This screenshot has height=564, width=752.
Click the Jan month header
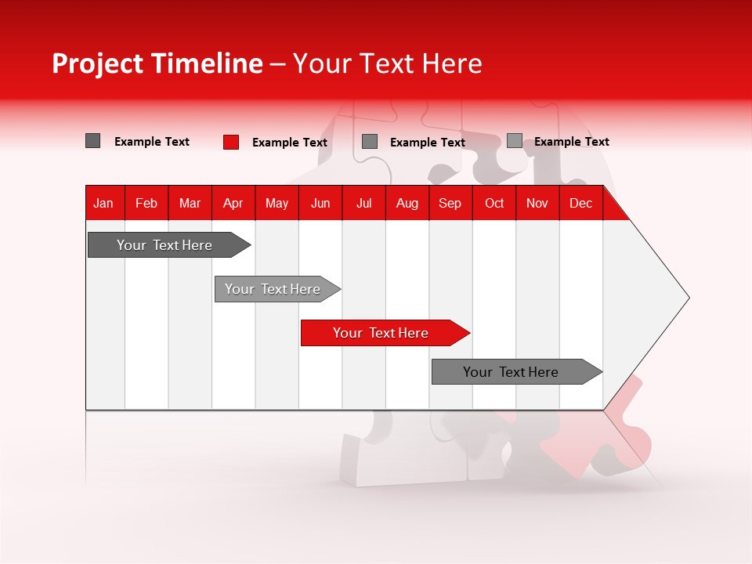tap(103, 204)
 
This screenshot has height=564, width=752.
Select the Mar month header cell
tap(190, 204)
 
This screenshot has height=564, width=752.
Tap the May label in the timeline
tap(277, 204)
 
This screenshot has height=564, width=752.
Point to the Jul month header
tap(363, 204)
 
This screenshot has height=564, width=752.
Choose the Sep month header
tap(450, 204)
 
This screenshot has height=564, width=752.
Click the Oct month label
tap(493, 204)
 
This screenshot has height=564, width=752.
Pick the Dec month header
tap(580, 204)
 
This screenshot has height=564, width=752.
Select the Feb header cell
tap(146, 204)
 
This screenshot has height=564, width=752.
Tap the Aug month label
tap(407, 204)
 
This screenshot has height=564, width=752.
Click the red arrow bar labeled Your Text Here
tap(381, 333)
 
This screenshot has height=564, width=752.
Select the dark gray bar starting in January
tap(164, 245)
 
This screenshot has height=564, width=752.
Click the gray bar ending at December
tap(511, 372)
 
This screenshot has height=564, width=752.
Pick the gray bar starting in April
tap(273, 289)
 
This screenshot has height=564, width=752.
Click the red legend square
tap(231, 142)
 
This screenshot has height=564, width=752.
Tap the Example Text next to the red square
tap(289, 143)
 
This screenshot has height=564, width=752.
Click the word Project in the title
tap(98, 63)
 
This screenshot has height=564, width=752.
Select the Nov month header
tap(537, 204)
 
